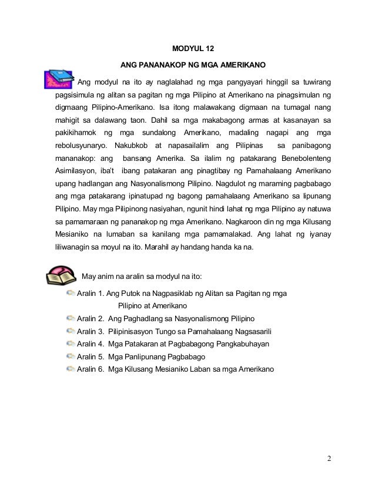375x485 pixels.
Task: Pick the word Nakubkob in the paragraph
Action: click(132, 144)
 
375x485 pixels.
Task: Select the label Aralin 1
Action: click(91, 294)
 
